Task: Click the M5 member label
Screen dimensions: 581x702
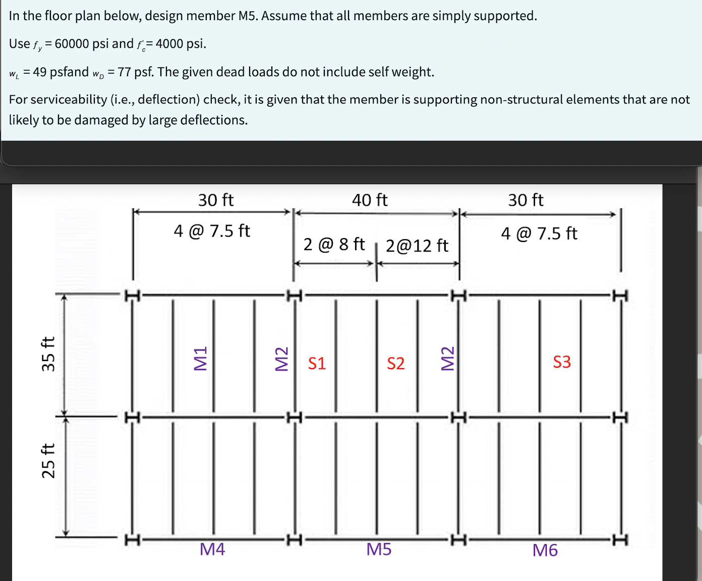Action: point(379,549)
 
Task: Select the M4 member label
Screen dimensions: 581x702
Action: point(212,549)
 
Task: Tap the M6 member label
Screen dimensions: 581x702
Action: point(545,550)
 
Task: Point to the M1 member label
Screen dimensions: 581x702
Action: point(200,359)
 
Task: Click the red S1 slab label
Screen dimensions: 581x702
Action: point(317,363)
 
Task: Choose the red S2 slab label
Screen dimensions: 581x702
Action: point(396,363)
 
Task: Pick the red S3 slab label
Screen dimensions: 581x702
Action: point(562,362)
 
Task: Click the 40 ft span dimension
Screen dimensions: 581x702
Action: point(370,200)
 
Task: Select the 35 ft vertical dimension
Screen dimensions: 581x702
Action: point(48,354)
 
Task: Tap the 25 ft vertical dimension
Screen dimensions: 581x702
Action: point(48,460)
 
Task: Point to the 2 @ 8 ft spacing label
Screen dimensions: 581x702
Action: point(334,244)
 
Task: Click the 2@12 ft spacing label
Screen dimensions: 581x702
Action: point(417,246)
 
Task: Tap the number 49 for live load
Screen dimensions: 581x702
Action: point(40,72)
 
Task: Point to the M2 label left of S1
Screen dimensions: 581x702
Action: point(281,359)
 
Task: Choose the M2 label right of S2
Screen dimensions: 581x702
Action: point(447,359)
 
